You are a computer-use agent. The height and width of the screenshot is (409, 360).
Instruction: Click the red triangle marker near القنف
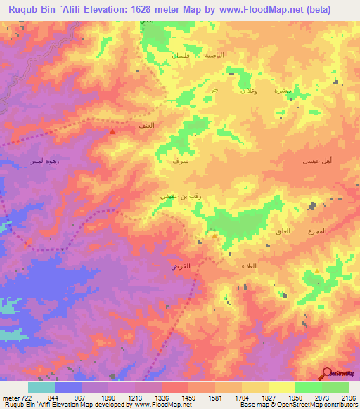(112, 130)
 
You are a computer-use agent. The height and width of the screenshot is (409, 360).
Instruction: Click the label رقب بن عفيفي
(173, 197)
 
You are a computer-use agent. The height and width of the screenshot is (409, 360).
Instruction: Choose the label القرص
(181, 267)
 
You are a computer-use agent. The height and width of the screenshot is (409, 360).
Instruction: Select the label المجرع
(318, 232)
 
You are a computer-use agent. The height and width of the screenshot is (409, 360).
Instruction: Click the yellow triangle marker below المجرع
(317, 271)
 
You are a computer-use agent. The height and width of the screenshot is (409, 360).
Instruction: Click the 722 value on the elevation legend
(28, 397)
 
